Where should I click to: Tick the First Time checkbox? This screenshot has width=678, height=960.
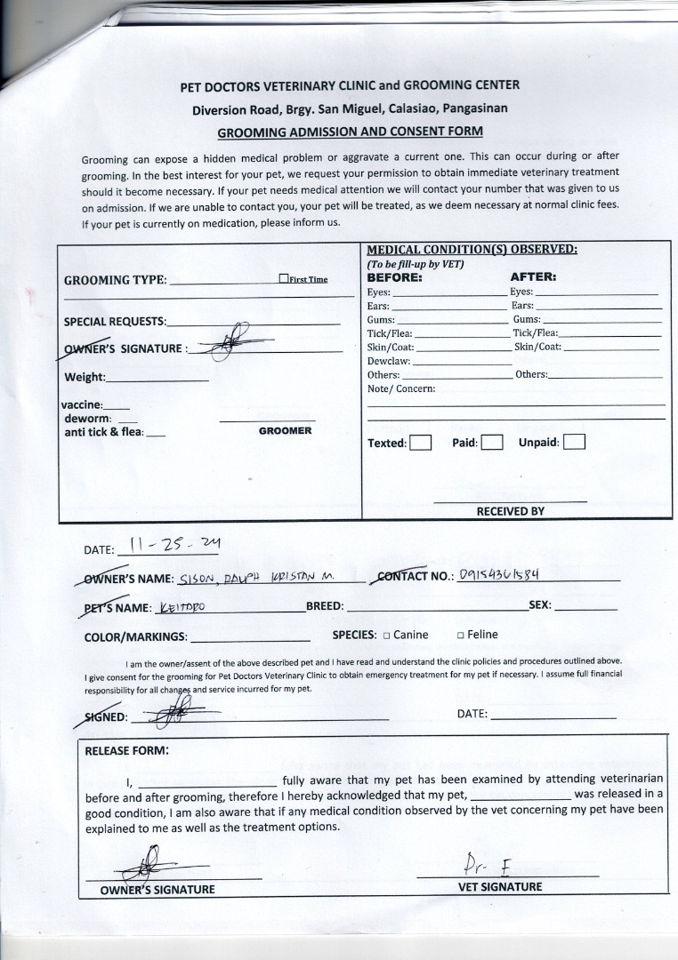(283, 278)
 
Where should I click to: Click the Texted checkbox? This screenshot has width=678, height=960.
(421, 443)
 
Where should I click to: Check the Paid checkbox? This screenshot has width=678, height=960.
(491, 443)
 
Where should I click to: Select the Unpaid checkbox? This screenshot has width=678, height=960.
(574, 443)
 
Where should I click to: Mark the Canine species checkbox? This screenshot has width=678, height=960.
(387, 636)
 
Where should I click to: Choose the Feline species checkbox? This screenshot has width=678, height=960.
(460, 636)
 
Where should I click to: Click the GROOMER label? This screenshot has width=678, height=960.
(285, 431)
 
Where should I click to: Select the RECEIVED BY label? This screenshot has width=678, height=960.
(510, 511)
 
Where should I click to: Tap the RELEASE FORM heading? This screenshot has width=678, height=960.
(126, 750)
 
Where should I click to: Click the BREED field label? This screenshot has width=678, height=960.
(325, 606)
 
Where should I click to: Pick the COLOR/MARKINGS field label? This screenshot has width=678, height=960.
(135, 636)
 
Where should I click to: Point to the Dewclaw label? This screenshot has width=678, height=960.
(389, 361)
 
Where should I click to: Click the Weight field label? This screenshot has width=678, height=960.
(85, 377)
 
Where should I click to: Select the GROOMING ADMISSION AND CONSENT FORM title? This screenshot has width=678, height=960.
(351, 132)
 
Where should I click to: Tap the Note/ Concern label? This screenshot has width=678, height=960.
(401, 388)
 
